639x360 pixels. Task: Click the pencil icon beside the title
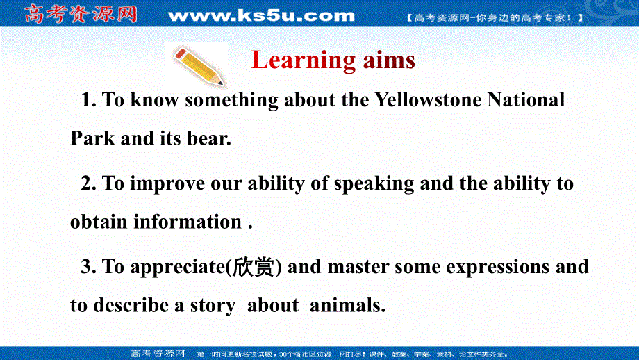(198, 63)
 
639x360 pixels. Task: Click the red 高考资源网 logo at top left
(81, 14)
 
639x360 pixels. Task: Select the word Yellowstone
(428, 100)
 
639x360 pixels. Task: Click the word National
(526, 100)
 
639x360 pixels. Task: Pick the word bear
(208, 138)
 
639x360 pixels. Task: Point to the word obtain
(99, 222)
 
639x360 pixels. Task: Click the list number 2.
(87, 183)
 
